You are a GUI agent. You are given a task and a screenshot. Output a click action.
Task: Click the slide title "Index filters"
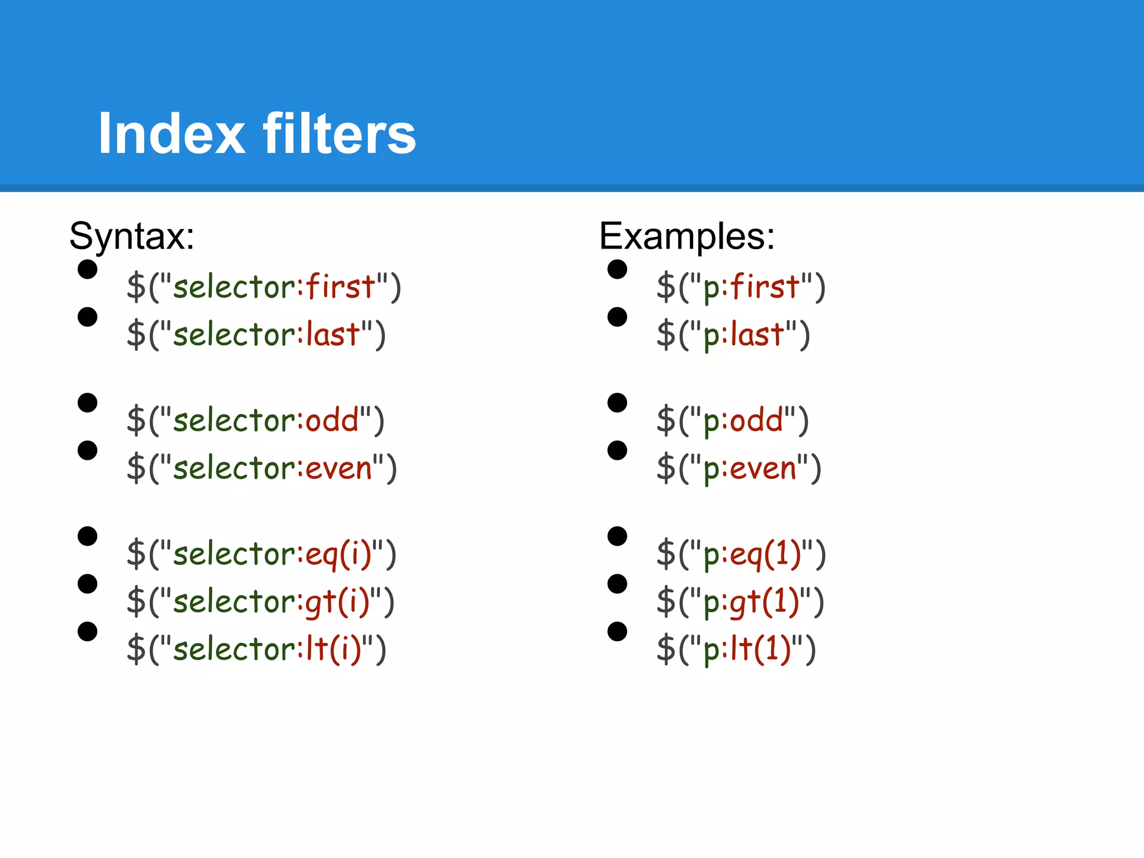coord(257,134)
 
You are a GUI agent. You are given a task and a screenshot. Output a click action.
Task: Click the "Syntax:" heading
coord(132,236)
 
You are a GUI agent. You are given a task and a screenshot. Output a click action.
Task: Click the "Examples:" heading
coord(687,236)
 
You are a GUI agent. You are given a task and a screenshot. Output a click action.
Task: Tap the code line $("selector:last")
coord(256,335)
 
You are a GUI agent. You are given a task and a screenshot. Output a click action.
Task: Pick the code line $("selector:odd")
coord(255,421)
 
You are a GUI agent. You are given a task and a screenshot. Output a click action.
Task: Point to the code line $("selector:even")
coord(261,468)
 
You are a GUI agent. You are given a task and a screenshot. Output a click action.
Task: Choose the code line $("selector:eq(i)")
coord(261,554)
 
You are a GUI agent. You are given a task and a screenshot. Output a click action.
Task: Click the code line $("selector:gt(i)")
coord(260,602)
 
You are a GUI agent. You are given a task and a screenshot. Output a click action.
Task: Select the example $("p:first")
coord(741,287)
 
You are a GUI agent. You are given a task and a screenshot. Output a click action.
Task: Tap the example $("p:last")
coord(733,335)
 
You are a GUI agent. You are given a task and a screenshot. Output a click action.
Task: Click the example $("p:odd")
coord(732,421)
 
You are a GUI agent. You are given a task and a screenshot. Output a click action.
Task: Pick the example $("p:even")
coord(738,468)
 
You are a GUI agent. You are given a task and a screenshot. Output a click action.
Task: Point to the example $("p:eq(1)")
coord(741,554)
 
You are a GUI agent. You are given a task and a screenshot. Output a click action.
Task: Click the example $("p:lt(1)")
coord(736,649)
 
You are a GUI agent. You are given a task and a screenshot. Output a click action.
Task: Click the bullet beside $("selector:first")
coord(88,269)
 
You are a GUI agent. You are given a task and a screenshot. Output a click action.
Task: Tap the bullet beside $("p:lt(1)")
coord(617,631)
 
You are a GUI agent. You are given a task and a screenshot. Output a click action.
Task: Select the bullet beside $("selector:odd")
coord(88,402)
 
